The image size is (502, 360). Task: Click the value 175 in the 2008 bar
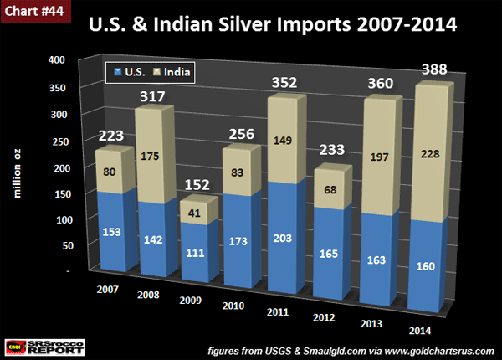click(151, 155)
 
